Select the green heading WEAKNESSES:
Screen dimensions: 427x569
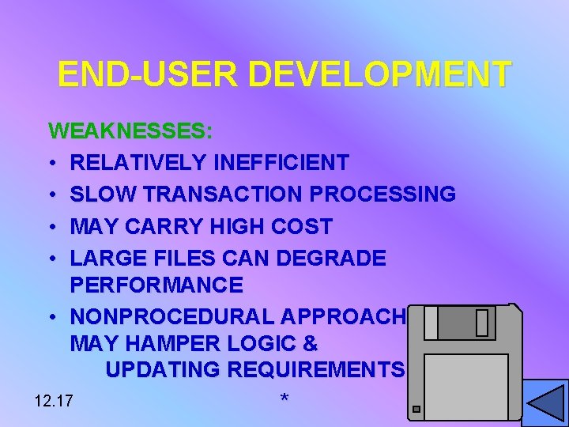click(130, 130)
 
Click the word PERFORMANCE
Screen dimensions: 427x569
click(156, 284)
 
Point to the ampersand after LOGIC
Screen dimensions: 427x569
click(310, 344)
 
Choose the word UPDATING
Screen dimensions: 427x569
click(163, 369)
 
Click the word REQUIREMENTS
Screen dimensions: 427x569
click(316, 369)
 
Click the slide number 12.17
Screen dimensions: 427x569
click(54, 401)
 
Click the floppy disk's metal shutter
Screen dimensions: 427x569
click(466, 323)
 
